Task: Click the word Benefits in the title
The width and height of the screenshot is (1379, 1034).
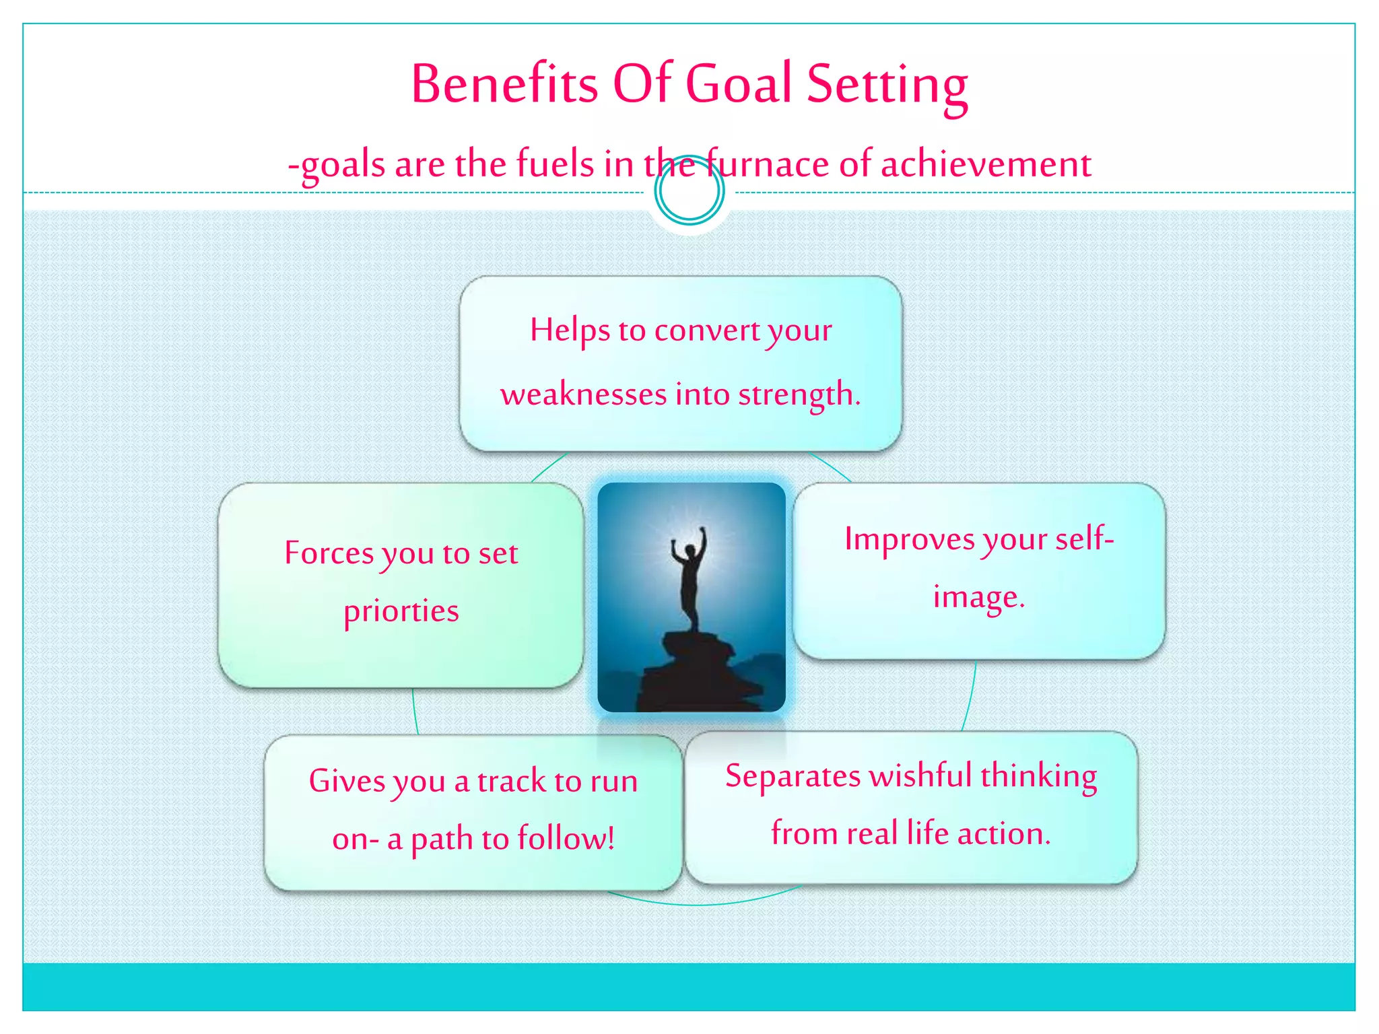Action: click(504, 84)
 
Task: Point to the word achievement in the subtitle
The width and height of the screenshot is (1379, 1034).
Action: click(986, 164)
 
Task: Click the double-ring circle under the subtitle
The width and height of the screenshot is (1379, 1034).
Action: click(689, 191)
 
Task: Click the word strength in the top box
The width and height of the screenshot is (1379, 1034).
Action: click(799, 394)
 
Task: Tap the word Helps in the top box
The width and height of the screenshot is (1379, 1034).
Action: click(570, 330)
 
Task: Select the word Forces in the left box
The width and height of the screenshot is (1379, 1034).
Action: click(329, 553)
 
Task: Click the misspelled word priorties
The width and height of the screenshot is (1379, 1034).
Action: click(401, 611)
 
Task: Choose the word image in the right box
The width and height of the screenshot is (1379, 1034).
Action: click(978, 596)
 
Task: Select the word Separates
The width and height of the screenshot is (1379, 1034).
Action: click(793, 775)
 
